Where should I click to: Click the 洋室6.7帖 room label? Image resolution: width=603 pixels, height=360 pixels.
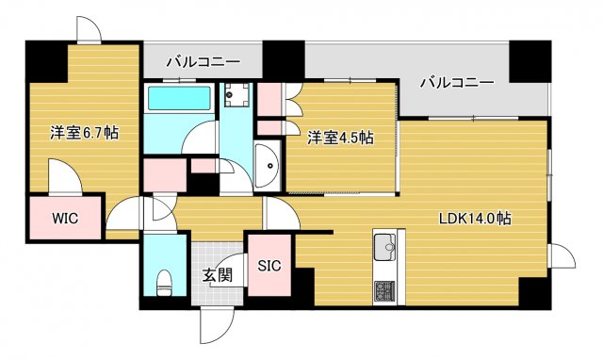(84, 134)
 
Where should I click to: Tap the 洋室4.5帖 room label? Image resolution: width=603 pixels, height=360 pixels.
(340, 138)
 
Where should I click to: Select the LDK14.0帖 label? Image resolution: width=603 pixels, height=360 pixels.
(475, 219)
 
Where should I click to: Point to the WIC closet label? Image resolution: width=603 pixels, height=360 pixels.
(64, 219)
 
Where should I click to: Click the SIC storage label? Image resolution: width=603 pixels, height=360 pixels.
(269, 266)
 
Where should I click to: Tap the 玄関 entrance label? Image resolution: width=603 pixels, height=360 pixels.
(218, 276)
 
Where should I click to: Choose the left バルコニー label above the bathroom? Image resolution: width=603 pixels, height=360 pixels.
(203, 62)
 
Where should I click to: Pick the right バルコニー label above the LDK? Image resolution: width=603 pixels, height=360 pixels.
(456, 83)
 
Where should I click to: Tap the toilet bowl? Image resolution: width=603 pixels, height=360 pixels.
(165, 280)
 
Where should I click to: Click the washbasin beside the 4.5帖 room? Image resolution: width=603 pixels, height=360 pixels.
(268, 167)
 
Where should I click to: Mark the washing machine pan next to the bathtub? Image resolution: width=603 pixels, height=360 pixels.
(236, 94)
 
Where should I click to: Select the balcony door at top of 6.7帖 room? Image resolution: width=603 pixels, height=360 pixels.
(88, 30)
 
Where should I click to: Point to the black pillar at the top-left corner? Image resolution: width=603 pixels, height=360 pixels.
(44, 61)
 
